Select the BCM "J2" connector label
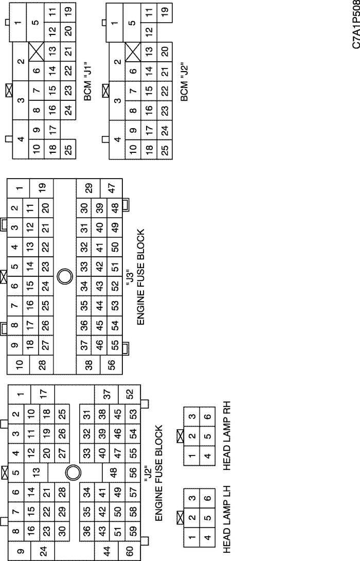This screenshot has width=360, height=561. click(185, 83)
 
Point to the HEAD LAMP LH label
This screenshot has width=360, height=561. click(227, 519)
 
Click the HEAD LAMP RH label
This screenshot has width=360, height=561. click(227, 435)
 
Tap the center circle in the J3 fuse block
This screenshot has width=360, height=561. click(65, 276)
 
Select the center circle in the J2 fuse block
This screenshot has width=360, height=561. click(74, 472)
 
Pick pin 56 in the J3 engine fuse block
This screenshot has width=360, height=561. click(111, 365)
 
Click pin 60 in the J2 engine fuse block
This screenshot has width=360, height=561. click(130, 551)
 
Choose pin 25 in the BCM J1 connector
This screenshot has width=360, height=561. click(68, 148)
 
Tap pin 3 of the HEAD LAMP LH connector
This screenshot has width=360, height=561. click(192, 498)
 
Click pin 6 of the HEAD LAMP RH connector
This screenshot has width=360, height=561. click(207, 416)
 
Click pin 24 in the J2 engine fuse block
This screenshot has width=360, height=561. click(43, 551)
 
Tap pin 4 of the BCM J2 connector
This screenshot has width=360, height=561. click(117, 139)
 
